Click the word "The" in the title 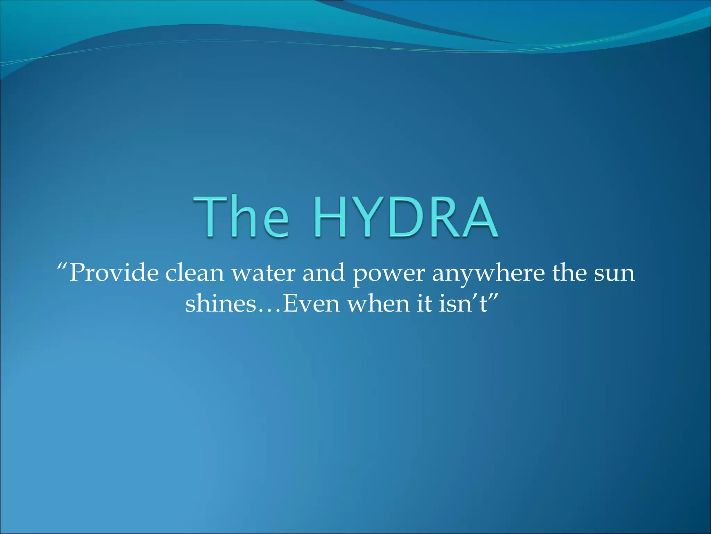coord(241,216)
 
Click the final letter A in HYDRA coord(478,217)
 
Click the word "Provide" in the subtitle coord(114,273)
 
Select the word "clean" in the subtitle coord(194,273)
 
